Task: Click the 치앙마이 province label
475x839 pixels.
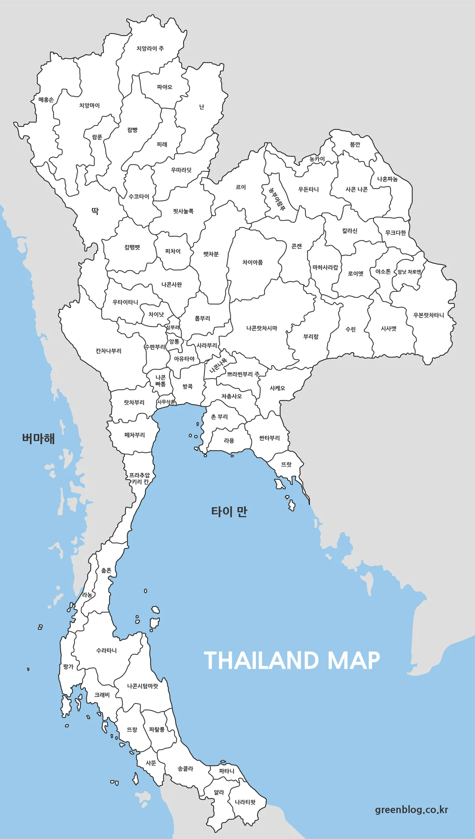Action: pos(89,106)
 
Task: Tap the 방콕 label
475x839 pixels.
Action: pos(188,386)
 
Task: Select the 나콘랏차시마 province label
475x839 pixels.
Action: pos(262,328)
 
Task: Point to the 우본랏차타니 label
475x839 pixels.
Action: pos(429,315)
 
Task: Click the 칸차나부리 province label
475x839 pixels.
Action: pos(108,351)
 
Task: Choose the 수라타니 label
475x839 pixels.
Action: pos(106,651)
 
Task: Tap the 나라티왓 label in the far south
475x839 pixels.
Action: pos(245,802)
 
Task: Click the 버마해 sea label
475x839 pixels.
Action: pos(38,439)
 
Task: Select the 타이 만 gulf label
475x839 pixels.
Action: pos(229,512)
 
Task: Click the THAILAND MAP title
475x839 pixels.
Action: pos(292,661)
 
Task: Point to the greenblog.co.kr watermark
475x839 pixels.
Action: pos(412,810)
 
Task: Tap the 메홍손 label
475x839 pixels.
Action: pos(46,100)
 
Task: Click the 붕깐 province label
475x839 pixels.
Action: pos(355,145)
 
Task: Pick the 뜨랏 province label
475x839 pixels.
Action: pos(286,464)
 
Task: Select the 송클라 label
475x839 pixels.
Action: pos(185,769)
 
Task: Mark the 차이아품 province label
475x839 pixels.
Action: pos(253,262)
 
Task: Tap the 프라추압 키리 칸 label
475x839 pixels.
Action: pos(140,479)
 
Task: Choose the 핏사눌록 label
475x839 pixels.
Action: pos(183,211)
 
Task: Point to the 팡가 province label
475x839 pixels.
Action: pos(68,667)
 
